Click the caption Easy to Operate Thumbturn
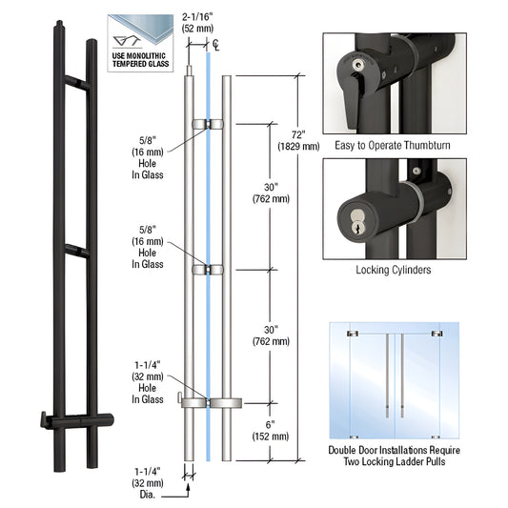[x=394, y=146]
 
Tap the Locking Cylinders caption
[x=394, y=271]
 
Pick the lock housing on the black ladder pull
[x=80, y=418]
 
